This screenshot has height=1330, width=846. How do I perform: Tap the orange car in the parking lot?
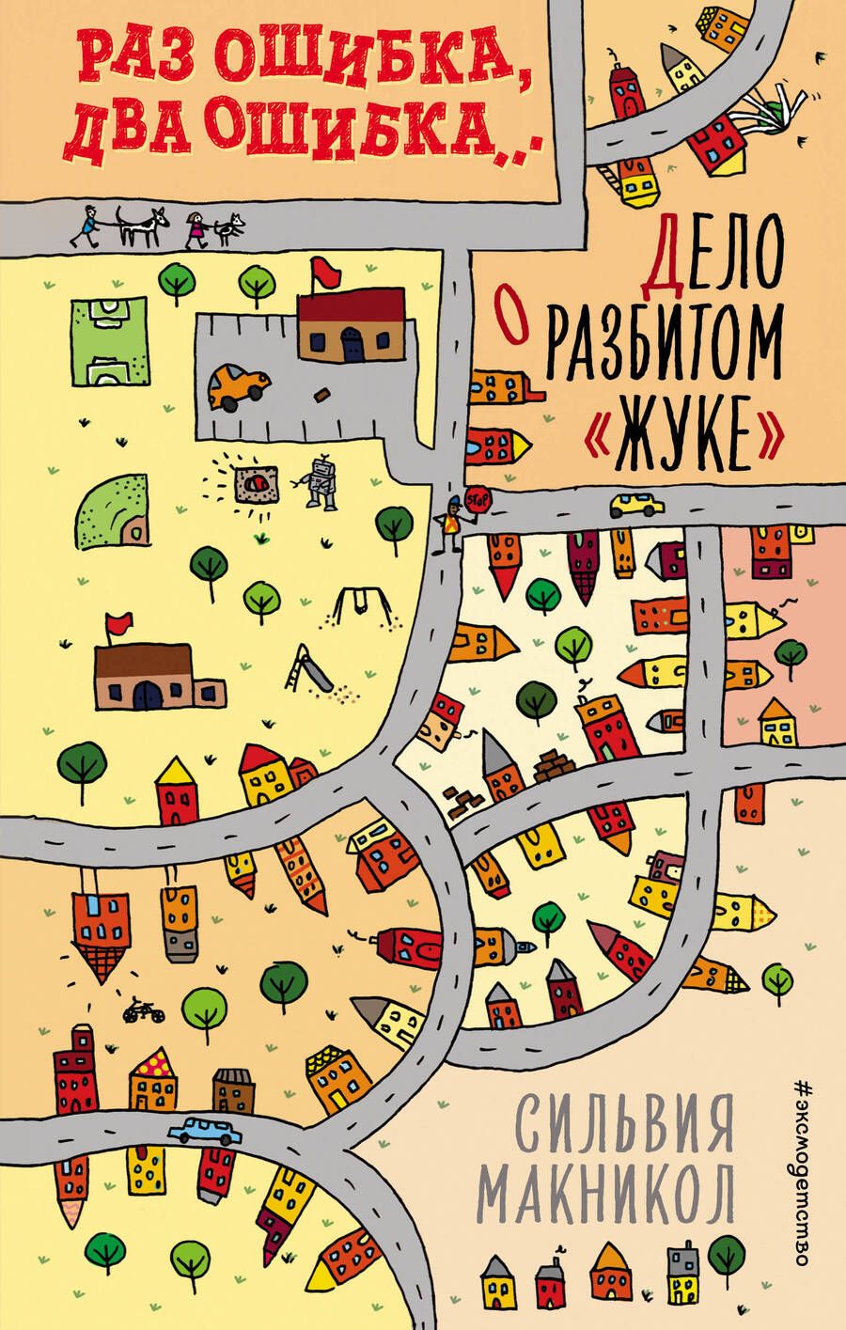click(x=238, y=385)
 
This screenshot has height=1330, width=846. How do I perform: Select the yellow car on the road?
click(x=635, y=506)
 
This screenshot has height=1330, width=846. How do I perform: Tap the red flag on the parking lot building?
click(x=325, y=273)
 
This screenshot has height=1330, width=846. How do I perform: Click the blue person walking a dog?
click(x=86, y=225)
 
